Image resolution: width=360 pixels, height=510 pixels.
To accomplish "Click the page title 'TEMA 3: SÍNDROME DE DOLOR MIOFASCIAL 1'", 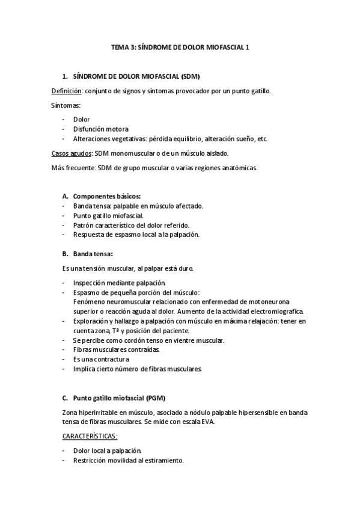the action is [x=180, y=52].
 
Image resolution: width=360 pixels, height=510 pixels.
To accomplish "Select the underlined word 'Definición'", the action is [x=66, y=91].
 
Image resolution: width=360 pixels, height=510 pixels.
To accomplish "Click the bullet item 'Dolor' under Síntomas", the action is [x=81, y=120].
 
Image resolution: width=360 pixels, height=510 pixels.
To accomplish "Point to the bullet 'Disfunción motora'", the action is [x=100, y=129].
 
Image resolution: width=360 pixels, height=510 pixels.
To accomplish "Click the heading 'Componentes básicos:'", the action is [x=107, y=196].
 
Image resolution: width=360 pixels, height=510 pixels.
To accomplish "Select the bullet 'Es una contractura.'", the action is [x=101, y=359].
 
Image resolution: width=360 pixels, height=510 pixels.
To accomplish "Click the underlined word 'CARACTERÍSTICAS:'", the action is [x=90, y=435].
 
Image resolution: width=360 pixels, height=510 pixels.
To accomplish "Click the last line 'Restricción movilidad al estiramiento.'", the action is [x=128, y=460].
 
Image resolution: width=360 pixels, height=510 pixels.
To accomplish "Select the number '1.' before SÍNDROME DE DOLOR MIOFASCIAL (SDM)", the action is [x=66, y=77].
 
